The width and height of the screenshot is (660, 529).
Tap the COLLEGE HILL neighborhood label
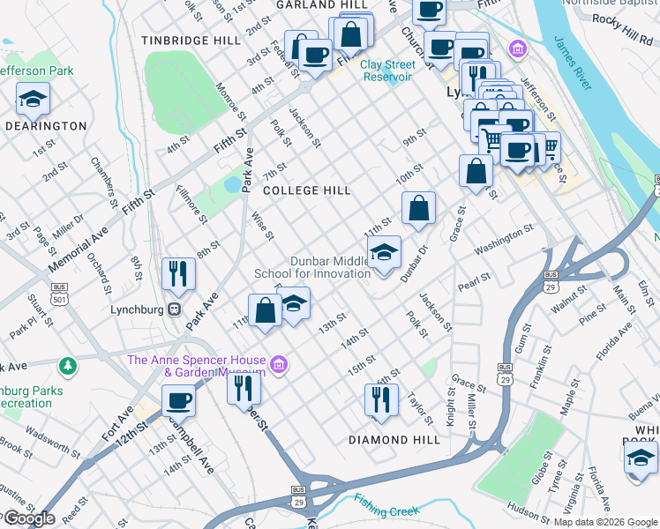(x=307, y=190)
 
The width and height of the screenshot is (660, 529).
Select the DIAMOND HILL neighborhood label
(x=394, y=440)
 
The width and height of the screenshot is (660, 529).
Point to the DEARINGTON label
(x=46, y=126)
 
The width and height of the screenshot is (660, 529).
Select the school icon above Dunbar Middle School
(x=384, y=253)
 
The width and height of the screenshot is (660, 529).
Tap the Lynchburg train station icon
(x=175, y=310)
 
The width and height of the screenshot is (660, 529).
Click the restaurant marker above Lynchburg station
(x=178, y=275)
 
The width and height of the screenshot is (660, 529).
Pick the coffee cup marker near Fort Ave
(x=178, y=401)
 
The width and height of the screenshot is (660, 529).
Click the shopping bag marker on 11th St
(x=265, y=311)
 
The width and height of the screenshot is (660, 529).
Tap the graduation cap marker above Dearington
(x=33, y=100)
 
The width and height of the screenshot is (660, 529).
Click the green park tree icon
(x=67, y=365)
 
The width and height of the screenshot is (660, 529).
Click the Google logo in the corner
(x=28, y=518)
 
